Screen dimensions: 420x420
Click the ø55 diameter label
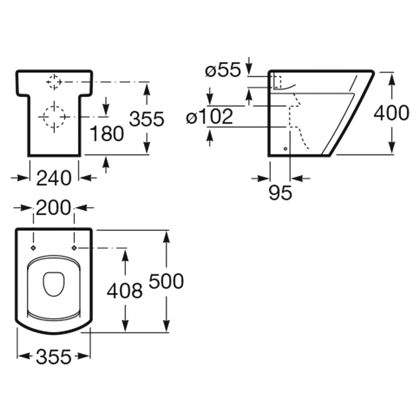point(223,70)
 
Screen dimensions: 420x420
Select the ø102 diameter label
point(209,117)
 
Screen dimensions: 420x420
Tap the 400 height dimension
point(391,113)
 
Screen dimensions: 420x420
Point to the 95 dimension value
point(280,193)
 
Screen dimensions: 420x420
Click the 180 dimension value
point(107,134)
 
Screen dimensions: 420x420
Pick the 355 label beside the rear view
point(146,119)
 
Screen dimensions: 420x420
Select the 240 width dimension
point(54,178)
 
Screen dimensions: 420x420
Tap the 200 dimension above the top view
point(54,208)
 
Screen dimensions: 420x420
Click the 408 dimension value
point(124,291)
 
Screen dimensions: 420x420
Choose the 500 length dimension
point(166,281)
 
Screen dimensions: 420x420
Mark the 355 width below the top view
point(54,356)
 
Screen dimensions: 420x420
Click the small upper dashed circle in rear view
point(54,82)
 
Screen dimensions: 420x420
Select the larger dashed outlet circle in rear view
point(54,117)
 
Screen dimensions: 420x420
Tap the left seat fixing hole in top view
point(33,248)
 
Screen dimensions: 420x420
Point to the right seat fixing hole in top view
point(74,248)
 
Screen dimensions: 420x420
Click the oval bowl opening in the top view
point(54,284)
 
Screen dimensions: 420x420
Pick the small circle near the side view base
point(286,149)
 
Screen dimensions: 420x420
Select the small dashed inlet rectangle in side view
point(277,82)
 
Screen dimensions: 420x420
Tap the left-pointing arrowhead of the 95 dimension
point(297,178)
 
